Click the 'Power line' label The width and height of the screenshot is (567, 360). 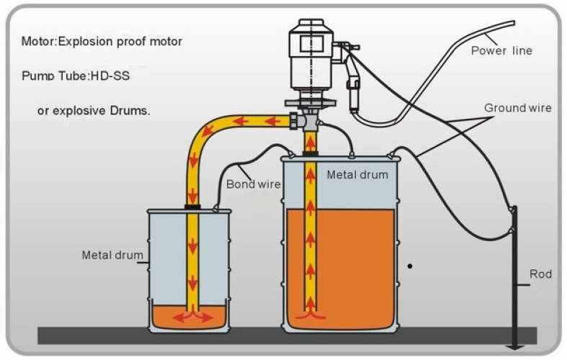tap(501, 50)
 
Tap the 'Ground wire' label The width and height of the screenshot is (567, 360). tap(517, 108)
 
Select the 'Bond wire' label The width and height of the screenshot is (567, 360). tap(253, 184)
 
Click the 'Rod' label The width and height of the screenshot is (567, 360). tap(540, 274)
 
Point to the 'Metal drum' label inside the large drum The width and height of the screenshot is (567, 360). tap(357, 174)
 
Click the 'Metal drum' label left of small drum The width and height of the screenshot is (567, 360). tap(112, 255)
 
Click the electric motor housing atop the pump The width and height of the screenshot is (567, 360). tap(310, 61)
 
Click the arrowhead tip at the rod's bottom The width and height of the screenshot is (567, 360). tap(514, 351)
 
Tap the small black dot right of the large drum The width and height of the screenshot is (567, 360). tap(410, 266)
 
